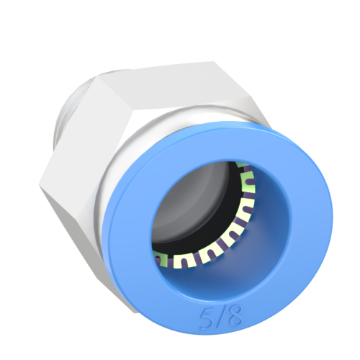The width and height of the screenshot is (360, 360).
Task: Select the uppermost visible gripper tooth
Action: [245, 171]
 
